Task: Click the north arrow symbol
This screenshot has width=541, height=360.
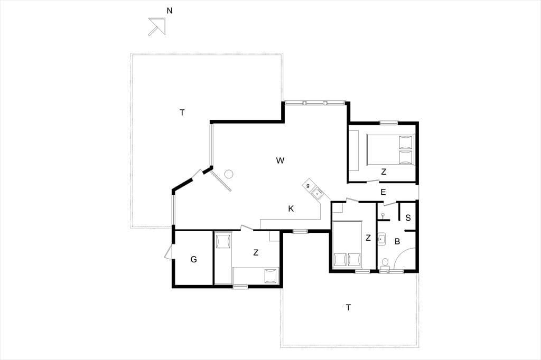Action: (157, 26)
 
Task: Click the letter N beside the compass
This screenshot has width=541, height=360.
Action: (170, 11)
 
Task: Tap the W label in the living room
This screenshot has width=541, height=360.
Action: (280, 160)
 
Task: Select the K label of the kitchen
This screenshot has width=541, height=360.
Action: (291, 209)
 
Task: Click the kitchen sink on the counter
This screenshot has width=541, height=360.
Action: (317, 193)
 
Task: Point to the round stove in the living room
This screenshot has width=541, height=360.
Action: (228, 174)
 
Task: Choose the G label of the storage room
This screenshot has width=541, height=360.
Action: (193, 259)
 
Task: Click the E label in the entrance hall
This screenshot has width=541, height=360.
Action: (383, 193)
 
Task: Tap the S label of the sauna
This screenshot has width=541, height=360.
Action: (408, 218)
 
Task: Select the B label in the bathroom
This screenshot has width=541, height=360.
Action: (397, 242)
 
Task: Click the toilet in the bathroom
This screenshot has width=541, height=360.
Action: (385, 263)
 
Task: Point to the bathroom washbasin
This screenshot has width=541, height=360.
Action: (381, 239)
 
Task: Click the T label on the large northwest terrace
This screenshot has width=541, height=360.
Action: (182, 112)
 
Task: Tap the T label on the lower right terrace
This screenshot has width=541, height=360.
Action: (349, 307)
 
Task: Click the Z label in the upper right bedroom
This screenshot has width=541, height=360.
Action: (384, 172)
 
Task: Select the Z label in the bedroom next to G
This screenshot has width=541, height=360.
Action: (256, 253)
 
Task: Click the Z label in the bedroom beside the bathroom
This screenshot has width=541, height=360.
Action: (368, 238)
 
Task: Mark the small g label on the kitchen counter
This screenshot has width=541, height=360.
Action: (308, 186)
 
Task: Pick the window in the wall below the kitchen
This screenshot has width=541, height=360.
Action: (300, 231)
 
